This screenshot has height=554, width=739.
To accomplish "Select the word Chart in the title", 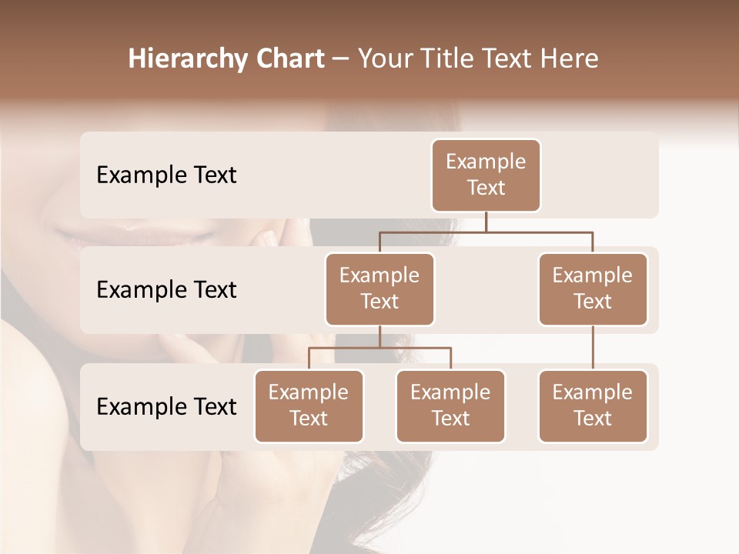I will pos(289,59).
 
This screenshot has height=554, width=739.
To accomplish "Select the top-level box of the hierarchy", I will pos(486,175).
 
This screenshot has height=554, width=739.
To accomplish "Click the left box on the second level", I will pos(380,289).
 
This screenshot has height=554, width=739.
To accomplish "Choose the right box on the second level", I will pos(593,289).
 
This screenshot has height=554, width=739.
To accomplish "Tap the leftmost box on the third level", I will pos(309,405).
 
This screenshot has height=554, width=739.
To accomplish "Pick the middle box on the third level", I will pos(450,405).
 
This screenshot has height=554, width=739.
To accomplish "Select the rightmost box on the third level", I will pos(593,405).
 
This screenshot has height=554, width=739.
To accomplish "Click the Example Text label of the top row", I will pos(166,175).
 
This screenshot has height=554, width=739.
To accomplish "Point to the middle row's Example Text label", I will pos(166,290).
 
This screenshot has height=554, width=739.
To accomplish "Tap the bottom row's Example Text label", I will pos(166,406).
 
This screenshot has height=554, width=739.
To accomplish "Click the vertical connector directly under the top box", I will pos(486,222).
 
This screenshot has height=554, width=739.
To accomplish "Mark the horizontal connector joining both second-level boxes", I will pos(486,231).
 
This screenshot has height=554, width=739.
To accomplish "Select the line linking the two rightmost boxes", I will pos(593,348).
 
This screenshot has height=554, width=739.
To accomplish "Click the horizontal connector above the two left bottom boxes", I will pos(380,348).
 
